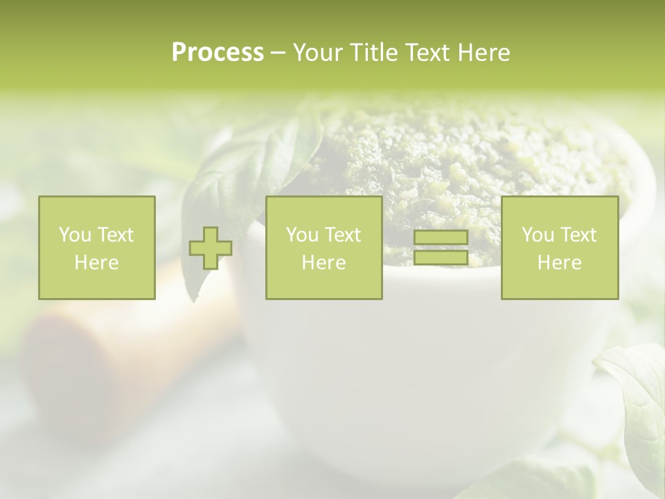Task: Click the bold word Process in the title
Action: [x=218, y=53]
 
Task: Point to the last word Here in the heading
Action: [x=484, y=53]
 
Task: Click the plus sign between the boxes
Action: [x=211, y=248]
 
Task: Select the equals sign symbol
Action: [x=441, y=248]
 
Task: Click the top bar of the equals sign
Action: [x=441, y=238]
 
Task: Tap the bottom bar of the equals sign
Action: [x=441, y=258]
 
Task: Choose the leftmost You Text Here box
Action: [x=96, y=247]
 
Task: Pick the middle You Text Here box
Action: [x=323, y=247]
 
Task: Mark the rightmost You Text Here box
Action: [x=559, y=247]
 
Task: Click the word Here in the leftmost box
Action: [x=96, y=263]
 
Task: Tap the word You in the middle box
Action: [x=302, y=235]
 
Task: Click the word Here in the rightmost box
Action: [x=559, y=263]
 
